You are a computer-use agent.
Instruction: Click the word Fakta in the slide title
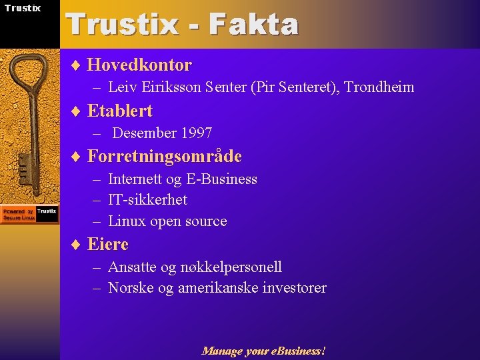click(253, 25)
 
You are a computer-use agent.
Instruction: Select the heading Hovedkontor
click(139, 65)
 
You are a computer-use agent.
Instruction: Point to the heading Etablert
click(120, 111)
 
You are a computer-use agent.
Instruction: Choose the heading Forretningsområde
click(164, 157)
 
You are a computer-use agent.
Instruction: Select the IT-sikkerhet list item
click(147, 200)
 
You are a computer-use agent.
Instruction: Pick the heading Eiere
click(107, 245)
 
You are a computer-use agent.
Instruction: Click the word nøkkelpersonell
click(231, 267)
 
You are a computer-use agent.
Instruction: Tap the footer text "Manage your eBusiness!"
click(263, 351)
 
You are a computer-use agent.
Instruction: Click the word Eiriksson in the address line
click(173, 87)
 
